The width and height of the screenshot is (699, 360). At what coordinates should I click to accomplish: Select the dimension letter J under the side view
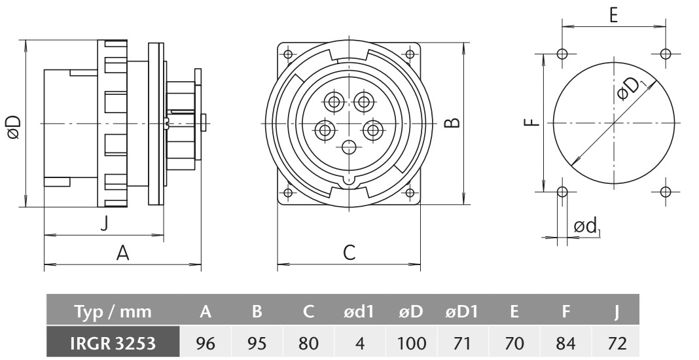103,223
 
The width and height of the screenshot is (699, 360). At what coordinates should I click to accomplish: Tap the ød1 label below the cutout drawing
586,226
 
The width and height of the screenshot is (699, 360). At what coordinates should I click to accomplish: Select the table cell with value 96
206,342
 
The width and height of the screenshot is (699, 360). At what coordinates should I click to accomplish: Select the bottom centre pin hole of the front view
349,147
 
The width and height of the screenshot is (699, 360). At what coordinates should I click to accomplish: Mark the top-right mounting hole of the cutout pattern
665,53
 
